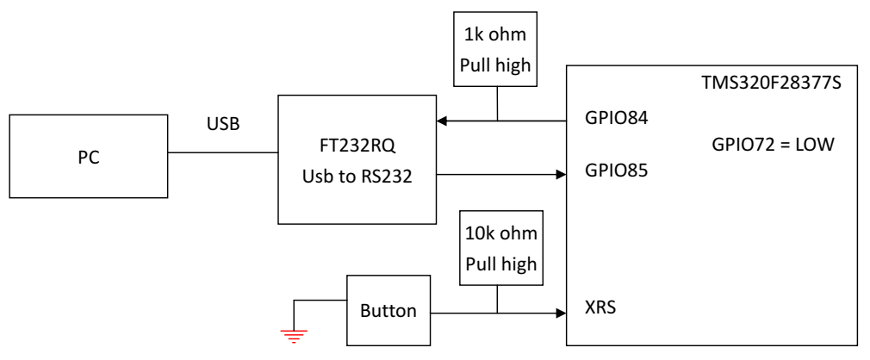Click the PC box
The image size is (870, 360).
coord(88,156)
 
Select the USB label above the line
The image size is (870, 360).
coord(223,124)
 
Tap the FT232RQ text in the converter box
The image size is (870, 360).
coord(357,147)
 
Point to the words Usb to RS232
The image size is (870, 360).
coord(357,176)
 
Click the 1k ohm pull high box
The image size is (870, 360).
coord(495,49)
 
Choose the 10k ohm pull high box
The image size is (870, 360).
coord(501,247)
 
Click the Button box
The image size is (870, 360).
coord(388,310)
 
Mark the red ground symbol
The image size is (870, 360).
coord(294,336)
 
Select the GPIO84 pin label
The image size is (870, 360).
coord(616,118)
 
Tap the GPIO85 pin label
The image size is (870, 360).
coord(616,170)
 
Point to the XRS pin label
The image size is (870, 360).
coord(600,307)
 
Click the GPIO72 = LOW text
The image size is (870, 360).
coord(773,145)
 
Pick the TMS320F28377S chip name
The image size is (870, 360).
coord(771,84)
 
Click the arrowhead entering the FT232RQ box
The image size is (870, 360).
coord(441,121)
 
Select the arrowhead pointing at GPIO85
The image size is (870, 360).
coord(561,175)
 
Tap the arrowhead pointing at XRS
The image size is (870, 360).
coord(561,313)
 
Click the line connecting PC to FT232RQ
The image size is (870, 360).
coord(222,152)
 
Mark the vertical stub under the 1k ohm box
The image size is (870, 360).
coord(497,103)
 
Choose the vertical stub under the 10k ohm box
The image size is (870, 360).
coord(497,300)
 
